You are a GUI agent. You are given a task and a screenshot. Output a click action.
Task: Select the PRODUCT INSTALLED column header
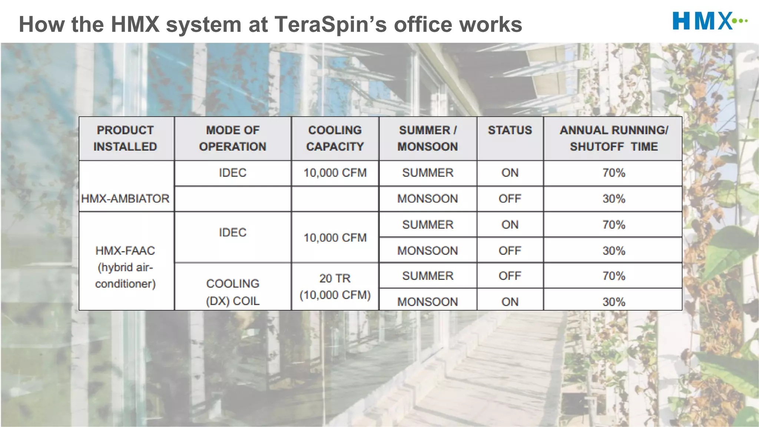point(125,138)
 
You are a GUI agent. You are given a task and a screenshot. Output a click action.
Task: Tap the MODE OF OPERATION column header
point(233,138)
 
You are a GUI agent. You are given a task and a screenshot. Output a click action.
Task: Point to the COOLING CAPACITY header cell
point(335,138)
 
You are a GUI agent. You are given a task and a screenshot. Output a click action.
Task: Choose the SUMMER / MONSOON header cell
point(428,138)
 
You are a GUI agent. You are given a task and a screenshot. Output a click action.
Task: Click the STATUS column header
point(510,130)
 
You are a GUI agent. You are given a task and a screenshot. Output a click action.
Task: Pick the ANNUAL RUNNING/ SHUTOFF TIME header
point(614,138)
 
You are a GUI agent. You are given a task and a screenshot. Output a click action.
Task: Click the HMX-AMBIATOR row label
point(125,199)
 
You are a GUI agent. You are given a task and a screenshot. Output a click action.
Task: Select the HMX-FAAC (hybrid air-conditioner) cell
point(125,267)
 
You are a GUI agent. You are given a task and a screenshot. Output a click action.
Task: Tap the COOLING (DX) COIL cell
point(233,292)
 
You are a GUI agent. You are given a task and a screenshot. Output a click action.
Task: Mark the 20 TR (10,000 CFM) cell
point(335,287)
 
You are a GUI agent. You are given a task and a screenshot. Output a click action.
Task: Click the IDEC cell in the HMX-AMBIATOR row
point(233,173)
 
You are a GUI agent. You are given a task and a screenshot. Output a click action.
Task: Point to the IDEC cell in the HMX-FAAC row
point(233,232)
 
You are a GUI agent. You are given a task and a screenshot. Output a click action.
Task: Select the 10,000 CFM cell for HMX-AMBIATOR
point(335,173)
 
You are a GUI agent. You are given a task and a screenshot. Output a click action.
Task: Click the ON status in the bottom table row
point(510,302)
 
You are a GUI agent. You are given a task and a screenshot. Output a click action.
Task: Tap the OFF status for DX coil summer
point(510,276)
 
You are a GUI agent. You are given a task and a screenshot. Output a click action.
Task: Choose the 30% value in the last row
point(614,302)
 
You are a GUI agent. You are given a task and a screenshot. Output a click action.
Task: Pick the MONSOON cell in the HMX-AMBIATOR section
point(428,199)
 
